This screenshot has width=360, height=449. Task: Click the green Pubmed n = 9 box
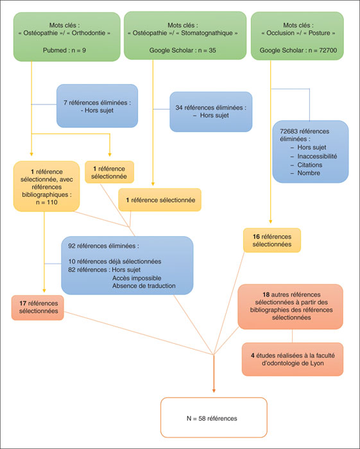point(67,37)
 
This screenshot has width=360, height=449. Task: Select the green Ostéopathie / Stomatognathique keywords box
point(185,35)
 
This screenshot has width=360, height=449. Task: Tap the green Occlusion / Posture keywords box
point(297,36)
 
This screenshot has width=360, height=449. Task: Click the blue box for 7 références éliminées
point(97,106)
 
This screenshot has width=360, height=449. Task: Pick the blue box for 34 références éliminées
point(210,112)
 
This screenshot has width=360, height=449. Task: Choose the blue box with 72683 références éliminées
point(311,151)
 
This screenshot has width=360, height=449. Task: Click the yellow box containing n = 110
point(46,187)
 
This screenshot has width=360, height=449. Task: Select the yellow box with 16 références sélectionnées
point(272,241)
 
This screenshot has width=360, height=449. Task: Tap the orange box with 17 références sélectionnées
point(37,307)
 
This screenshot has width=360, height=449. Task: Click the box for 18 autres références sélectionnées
point(291,307)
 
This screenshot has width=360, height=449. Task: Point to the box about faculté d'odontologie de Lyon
point(293,359)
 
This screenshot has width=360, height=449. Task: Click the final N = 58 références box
point(214,418)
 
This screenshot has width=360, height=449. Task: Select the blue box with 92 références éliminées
point(127,266)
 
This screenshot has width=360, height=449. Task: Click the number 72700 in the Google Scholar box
point(327,50)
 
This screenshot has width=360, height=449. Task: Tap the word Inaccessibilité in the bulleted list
point(317,157)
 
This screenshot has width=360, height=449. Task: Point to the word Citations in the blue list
point(309,165)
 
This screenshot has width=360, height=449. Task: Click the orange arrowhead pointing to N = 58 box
point(214,391)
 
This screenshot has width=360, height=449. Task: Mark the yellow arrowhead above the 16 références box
point(270,222)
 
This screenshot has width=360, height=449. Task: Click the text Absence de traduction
point(144,286)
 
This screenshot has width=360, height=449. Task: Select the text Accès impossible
point(137,278)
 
